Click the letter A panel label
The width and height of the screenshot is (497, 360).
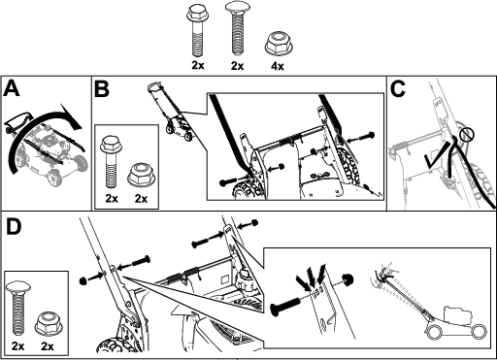coord(12,88)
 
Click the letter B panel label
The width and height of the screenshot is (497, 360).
coord(102,88)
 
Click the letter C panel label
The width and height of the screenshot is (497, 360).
coord(398,88)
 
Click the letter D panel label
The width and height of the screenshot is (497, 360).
coord(14,227)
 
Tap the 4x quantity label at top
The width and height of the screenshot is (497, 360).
coord(278,66)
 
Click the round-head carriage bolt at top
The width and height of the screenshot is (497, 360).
coord(237,28)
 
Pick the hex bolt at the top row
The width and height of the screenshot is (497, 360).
coord(197,31)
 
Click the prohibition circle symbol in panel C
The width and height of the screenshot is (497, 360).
coord(467,135)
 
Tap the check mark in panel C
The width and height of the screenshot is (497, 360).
coord(438,155)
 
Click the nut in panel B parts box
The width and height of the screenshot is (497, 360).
coord(141,176)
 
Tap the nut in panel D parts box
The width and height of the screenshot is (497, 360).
coord(49,323)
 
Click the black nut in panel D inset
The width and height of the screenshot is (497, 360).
coord(348,278)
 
